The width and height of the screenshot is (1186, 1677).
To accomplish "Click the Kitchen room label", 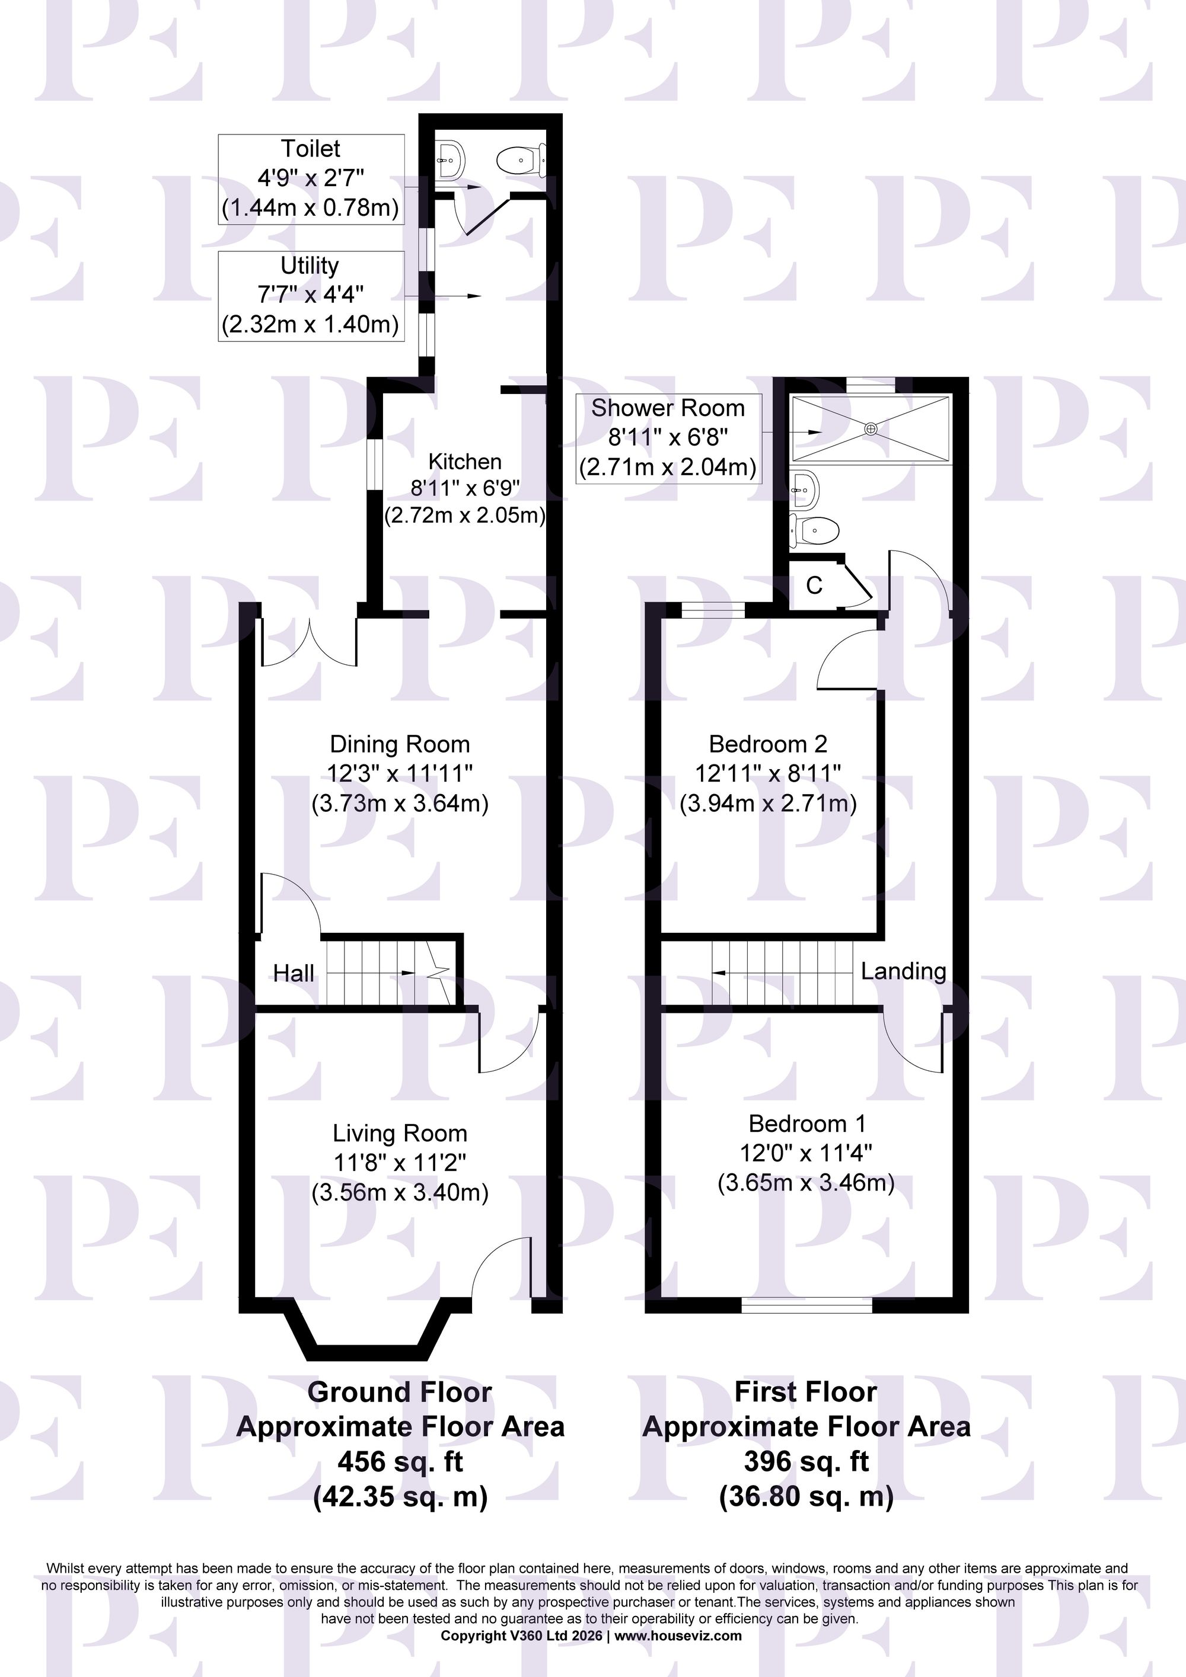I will pyautogui.click(x=465, y=462).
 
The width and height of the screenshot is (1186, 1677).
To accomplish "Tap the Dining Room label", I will pyautogui.click(x=400, y=744).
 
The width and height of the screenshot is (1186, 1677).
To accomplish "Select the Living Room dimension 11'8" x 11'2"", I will pyautogui.click(x=400, y=1162).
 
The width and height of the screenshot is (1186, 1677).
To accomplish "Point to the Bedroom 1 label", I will pyautogui.click(x=806, y=1124).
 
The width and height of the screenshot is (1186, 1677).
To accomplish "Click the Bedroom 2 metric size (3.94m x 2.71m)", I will pyautogui.click(x=768, y=804).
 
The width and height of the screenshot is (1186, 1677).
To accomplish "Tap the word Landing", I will pyautogui.click(x=903, y=971).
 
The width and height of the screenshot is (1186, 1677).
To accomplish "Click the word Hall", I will pyautogui.click(x=294, y=973).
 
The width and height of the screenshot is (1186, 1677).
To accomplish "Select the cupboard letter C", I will pyautogui.click(x=814, y=585).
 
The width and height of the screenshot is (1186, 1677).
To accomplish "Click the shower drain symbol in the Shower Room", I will pyautogui.click(x=871, y=429).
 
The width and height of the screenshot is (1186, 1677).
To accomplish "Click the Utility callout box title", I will pyautogui.click(x=310, y=265).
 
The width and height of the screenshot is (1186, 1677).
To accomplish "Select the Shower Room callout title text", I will pyautogui.click(x=668, y=408).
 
